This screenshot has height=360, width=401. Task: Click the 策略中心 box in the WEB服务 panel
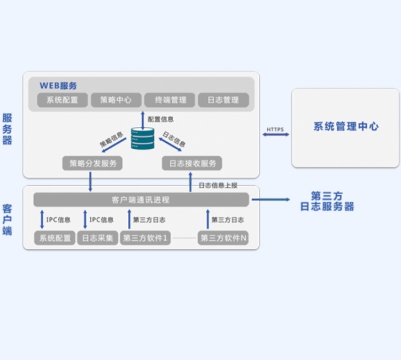click(116, 100)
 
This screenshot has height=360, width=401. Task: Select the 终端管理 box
click(170, 100)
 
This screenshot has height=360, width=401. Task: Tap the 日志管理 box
click(223, 100)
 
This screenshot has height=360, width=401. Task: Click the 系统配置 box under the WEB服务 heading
click(63, 100)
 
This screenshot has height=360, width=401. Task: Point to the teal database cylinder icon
click(143, 139)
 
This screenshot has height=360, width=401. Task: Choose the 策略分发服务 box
click(92, 163)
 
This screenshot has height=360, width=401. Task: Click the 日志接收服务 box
click(192, 163)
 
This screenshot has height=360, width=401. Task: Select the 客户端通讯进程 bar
click(141, 200)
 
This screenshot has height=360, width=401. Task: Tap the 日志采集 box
click(98, 238)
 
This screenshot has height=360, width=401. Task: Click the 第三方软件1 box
click(145, 238)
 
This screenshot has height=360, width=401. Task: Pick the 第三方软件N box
click(223, 238)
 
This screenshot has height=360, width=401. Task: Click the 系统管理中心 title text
click(346, 126)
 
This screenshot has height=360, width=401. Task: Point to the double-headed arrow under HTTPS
click(276, 134)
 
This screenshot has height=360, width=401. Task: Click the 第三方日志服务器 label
click(327, 201)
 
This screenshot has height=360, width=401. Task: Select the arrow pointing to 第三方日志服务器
click(271, 200)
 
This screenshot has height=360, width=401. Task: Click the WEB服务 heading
click(58, 86)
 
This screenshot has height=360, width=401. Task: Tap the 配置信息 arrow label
click(160, 119)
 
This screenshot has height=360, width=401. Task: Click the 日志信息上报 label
click(218, 185)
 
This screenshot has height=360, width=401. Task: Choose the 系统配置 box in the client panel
click(55, 238)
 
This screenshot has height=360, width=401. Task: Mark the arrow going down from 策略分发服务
click(90, 182)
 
